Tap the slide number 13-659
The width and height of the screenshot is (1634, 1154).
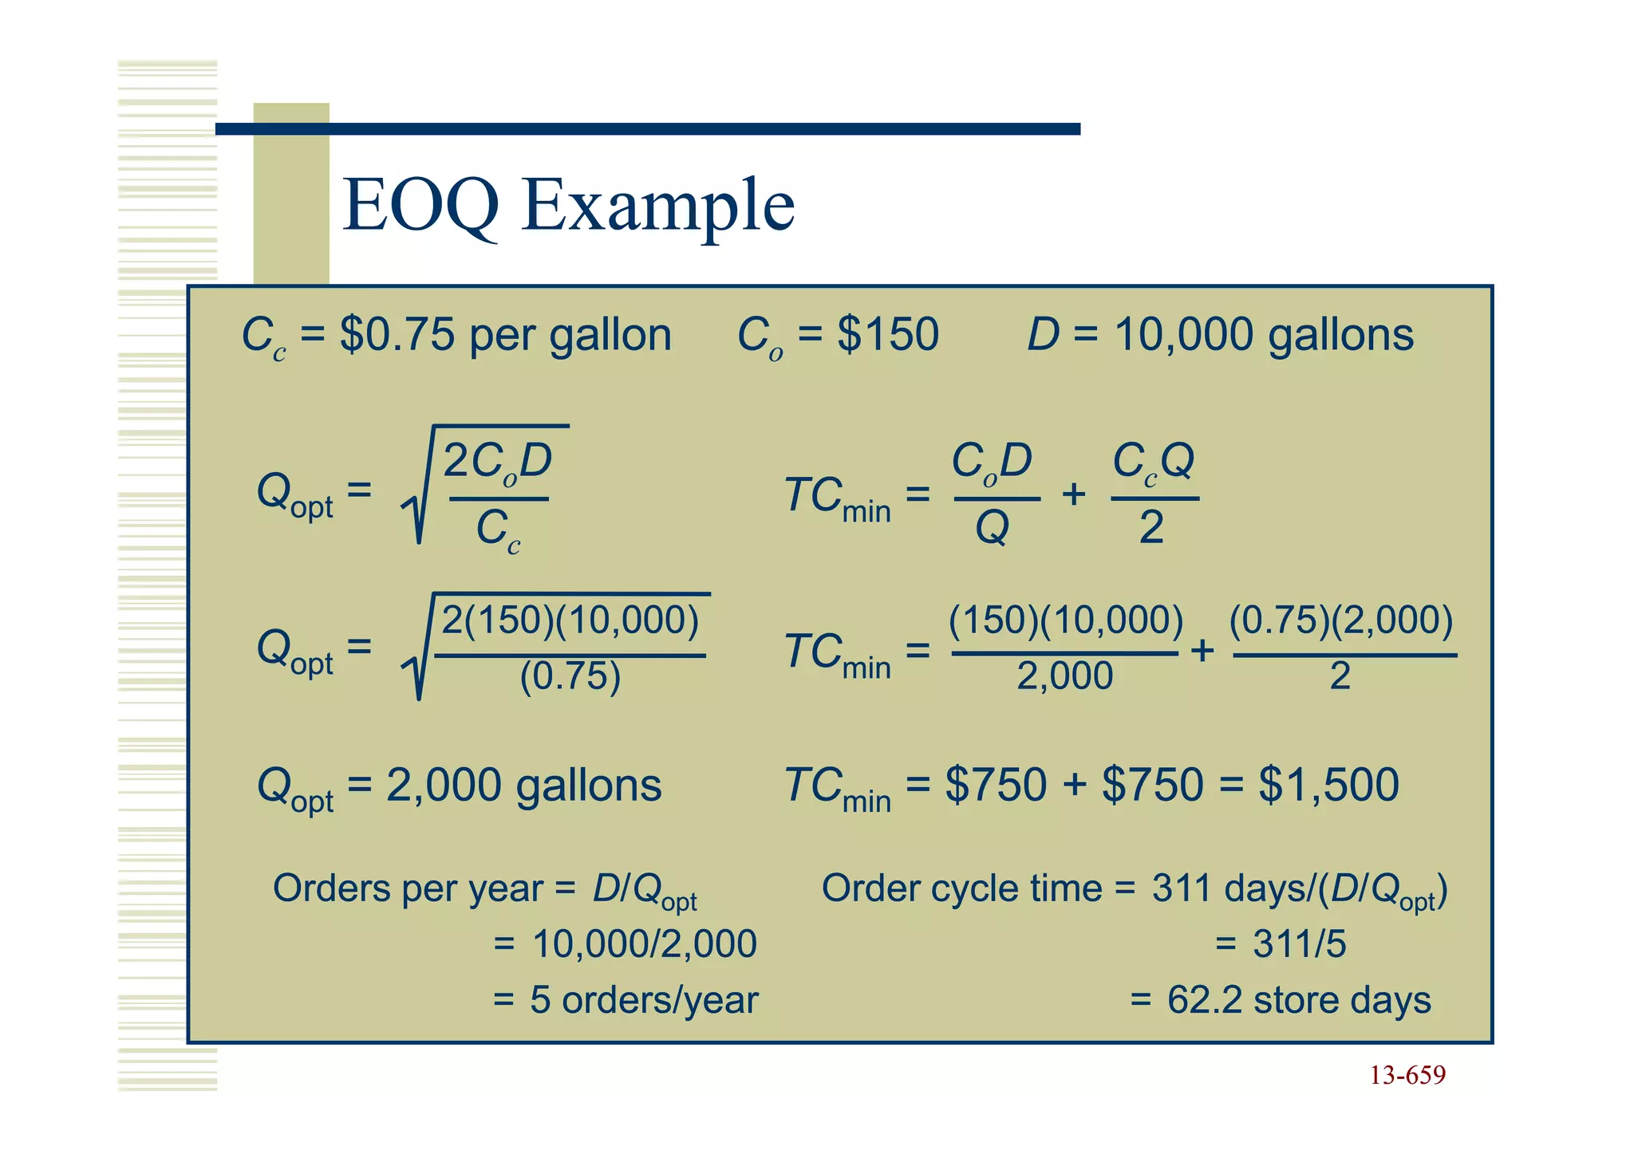(x=1407, y=1075)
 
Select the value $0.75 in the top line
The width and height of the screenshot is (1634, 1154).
(x=397, y=335)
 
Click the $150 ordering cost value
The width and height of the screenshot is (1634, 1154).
(x=887, y=335)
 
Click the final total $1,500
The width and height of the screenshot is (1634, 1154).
(x=1328, y=785)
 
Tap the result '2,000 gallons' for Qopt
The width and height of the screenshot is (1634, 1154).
(x=523, y=786)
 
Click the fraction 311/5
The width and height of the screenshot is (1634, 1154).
(x=1299, y=944)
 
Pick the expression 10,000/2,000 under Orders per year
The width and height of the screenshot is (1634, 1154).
(x=644, y=944)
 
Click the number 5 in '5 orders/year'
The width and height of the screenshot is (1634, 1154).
(x=540, y=1000)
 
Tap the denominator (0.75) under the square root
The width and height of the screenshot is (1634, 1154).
(x=570, y=677)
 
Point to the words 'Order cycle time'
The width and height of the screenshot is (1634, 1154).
(x=961, y=888)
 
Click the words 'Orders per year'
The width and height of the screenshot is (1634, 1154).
(x=408, y=888)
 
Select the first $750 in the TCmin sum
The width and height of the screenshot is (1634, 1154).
(x=995, y=785)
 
